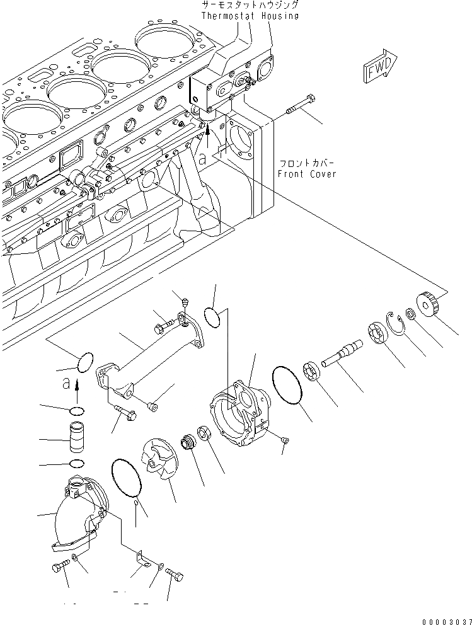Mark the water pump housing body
(241, 412)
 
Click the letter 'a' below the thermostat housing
(202, 160)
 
